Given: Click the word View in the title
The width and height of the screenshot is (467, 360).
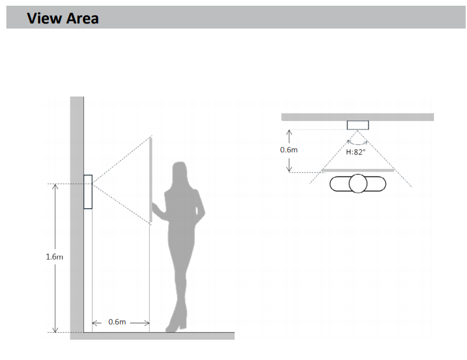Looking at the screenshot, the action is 44,18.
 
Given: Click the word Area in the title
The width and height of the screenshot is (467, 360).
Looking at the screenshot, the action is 82,18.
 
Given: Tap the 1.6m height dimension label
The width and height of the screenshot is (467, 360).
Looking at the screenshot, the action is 55,257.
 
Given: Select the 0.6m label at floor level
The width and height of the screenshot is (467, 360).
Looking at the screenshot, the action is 117,322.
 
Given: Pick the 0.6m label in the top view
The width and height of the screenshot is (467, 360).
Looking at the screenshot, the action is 289,150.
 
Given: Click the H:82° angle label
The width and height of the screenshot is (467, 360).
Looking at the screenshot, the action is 355,152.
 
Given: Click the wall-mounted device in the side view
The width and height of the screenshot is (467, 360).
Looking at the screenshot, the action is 88,192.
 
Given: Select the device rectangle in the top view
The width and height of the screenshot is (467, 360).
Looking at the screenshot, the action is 358,125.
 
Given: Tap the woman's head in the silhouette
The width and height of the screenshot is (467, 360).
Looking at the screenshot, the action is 180,173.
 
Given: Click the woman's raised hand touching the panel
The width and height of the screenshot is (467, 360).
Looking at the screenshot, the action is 155,207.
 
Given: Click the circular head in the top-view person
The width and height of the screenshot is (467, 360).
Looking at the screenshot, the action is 358,183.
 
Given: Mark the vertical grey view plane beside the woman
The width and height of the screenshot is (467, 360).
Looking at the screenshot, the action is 151,180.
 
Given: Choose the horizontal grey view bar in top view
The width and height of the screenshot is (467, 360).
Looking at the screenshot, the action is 358,170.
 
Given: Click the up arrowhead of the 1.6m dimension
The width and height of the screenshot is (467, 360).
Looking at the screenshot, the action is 55,187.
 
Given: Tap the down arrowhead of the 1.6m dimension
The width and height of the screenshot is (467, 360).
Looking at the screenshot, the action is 55,330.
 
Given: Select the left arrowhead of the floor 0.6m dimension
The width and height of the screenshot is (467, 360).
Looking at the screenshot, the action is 95,323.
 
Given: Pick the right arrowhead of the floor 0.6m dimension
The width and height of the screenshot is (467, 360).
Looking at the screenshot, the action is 147,323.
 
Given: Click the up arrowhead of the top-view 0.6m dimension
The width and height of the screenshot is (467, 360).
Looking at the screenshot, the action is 289,133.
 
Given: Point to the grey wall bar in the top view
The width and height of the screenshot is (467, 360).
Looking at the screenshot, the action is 358,117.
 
